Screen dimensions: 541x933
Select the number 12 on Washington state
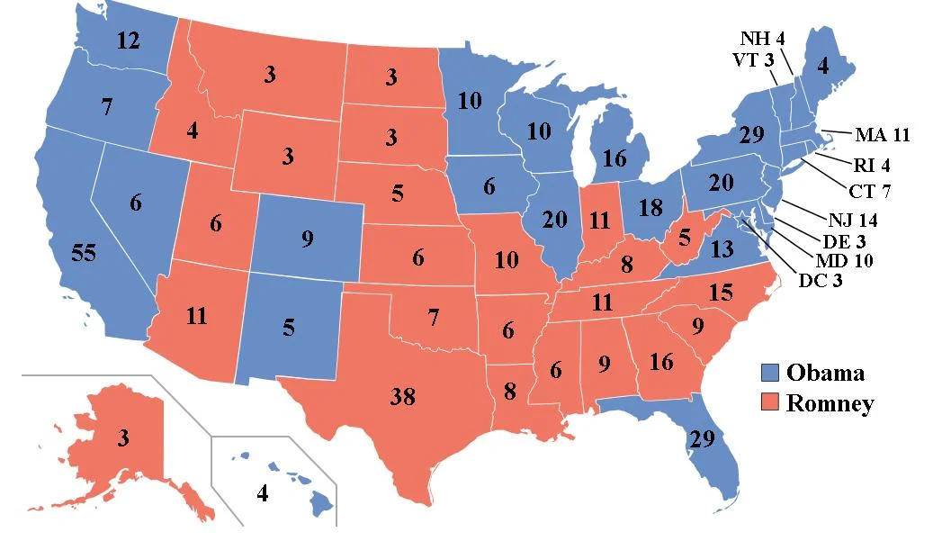click(x=128, y=41)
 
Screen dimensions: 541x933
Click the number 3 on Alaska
click(x=122, y=438)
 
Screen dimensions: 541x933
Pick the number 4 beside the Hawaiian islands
click(x=262, y=493)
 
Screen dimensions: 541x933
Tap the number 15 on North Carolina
click(x=721, y=293)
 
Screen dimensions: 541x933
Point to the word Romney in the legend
click(x=830, y=403)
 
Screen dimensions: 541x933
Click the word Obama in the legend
click(x=825, y=373)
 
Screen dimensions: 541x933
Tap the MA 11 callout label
click(x=883, y=136)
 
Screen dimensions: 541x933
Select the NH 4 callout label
click(x=763, y=39)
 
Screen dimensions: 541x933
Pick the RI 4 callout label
click(x=871, y=165)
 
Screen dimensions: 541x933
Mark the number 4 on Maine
click(x=822, y=66)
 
